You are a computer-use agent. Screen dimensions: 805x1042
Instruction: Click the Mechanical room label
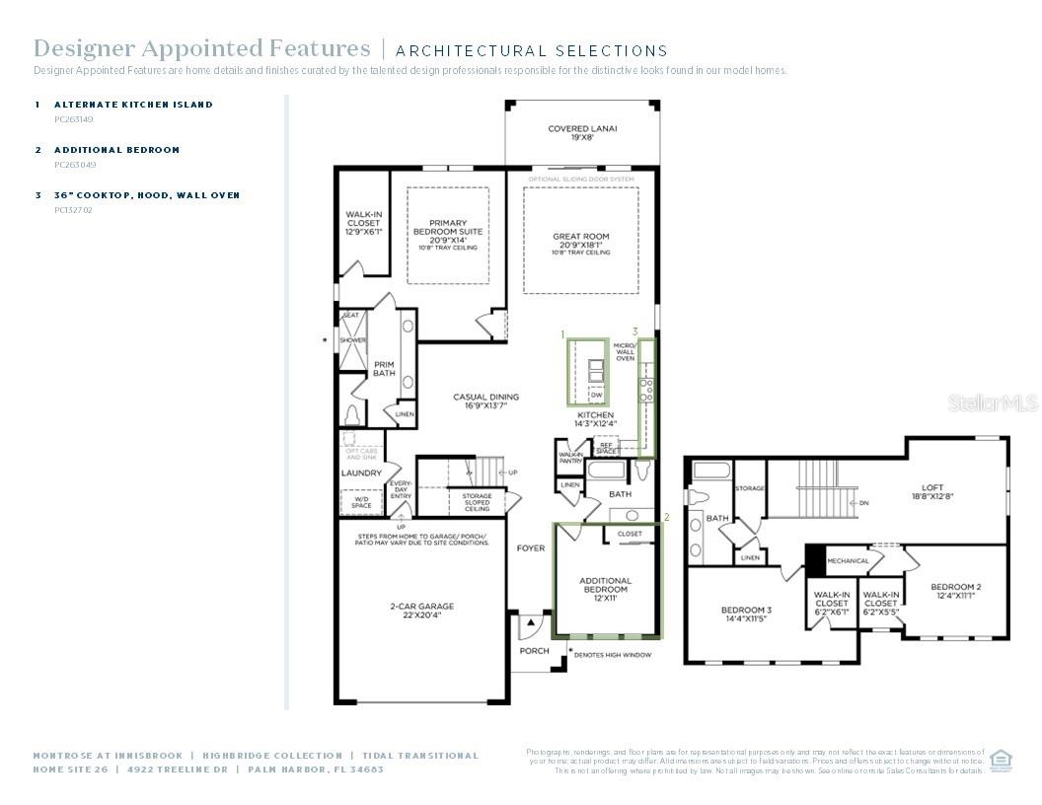848,561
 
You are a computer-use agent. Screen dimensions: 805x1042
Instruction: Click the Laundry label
361,473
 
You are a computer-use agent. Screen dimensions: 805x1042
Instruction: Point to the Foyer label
530,548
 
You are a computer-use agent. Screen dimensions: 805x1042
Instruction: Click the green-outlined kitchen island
587,371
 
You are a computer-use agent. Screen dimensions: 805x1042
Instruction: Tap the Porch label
534,651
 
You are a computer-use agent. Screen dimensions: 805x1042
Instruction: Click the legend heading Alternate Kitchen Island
133,104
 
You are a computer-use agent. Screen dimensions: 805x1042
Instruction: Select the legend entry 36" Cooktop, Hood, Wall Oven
147,195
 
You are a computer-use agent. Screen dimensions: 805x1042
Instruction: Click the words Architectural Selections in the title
532,50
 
